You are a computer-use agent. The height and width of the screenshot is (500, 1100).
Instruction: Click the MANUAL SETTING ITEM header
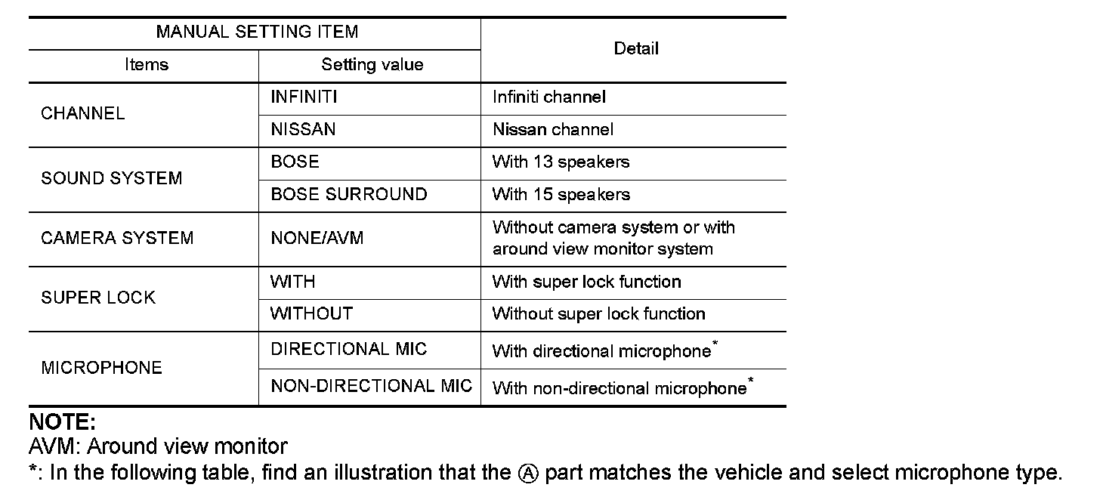[257, 32]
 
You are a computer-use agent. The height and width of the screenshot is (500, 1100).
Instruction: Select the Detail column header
[636, 49]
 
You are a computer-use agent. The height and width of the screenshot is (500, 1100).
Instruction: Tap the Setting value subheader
[372, 65]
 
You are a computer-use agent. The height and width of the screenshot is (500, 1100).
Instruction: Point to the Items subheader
[147, 65]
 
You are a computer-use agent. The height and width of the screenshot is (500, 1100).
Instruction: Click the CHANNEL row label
[82, 113]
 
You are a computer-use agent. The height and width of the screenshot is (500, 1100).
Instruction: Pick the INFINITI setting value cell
[304, 97]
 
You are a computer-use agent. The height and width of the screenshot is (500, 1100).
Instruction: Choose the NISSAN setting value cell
[303, 130]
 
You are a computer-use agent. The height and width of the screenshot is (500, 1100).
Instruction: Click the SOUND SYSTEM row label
[111, 179]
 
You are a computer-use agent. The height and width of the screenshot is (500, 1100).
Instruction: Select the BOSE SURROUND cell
[348, 195]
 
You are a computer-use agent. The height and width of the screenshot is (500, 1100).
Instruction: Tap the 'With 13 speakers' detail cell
[561, 162]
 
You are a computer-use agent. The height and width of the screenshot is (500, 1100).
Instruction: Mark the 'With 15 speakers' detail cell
[561, 195]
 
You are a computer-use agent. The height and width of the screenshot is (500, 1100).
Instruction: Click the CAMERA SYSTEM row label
[117, 239]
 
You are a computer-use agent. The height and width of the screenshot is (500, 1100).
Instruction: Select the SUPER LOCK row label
[98, 298]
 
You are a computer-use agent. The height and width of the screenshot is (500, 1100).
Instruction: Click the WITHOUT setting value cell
[311, 314]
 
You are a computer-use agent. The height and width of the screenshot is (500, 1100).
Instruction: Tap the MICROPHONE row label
[101, 369]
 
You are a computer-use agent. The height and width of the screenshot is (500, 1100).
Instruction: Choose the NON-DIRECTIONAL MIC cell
[371, 387]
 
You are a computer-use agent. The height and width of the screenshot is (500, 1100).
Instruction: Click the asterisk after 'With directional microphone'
[715, 344]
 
